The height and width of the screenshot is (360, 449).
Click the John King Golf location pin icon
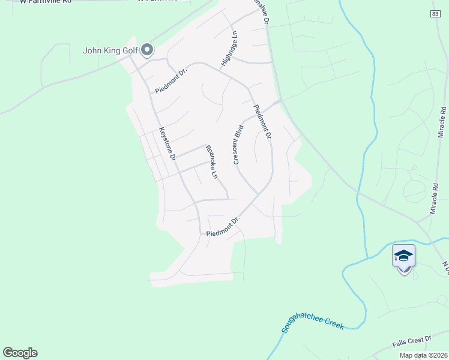[147, 50]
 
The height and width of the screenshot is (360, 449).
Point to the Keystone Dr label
[166, 144]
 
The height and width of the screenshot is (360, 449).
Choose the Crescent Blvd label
[238, 145]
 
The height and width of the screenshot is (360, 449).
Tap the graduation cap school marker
[403, 256]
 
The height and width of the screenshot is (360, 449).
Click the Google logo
[20, 353]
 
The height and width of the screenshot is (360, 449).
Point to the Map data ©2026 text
[423, 355]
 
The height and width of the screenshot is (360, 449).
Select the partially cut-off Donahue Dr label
[261, 12]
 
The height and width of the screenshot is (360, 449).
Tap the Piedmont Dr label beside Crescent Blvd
[262, 122]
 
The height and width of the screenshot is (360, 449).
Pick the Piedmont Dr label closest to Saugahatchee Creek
[223, 226]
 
